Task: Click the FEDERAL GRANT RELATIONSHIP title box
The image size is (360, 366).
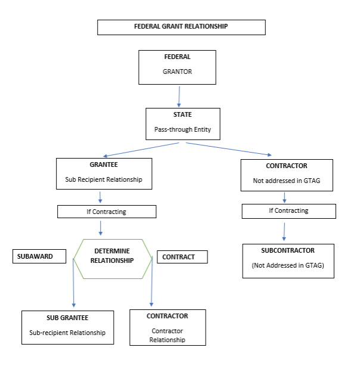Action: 181,27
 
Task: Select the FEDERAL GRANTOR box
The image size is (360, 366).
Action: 177,67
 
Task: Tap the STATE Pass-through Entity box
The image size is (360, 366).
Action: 182,123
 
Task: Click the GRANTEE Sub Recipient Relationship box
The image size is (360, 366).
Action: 104,174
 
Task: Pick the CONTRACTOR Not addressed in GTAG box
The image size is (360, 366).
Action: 287,175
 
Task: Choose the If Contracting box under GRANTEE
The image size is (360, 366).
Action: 107,212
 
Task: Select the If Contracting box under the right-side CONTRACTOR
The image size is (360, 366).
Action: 288,211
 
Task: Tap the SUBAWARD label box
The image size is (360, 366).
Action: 38,256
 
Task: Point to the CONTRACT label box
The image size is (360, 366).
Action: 182,257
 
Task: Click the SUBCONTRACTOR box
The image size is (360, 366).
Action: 288,260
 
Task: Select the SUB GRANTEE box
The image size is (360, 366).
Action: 67,327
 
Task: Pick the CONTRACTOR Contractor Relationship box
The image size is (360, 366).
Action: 167,327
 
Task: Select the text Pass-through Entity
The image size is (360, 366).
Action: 182,129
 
